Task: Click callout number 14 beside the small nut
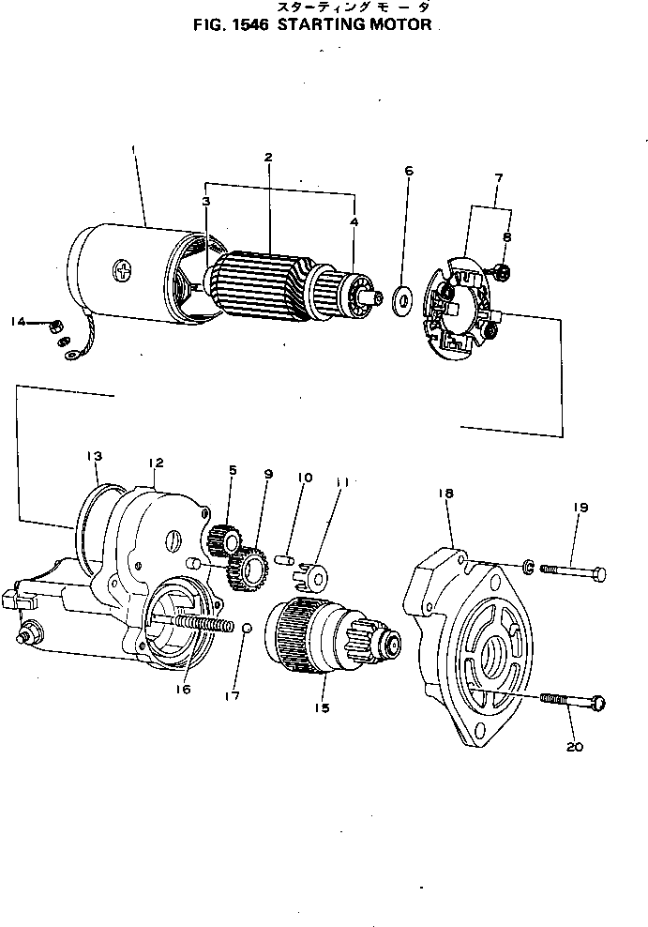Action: pos(18,322)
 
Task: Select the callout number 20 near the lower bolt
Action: pos(575,747)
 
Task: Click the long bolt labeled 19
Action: pos(571,571)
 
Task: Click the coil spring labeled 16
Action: pos(201,626)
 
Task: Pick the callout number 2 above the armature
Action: pos(268,158)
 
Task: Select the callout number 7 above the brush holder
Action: pos(498,177)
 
